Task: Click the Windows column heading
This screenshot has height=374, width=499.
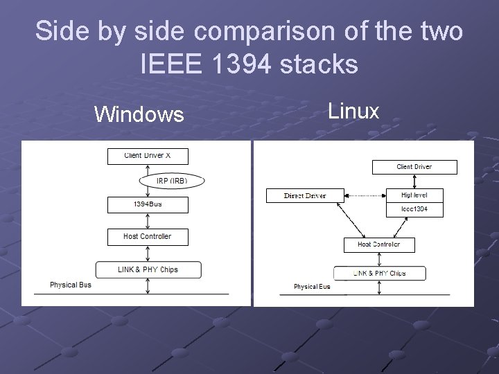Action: coord(139,114)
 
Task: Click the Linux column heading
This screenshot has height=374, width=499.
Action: coord(353,110)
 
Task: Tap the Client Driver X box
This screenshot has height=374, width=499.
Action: coord(147,156)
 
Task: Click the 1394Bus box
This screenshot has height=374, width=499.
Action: coord(147,205)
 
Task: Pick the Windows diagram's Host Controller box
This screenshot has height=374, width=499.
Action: coord(147,237)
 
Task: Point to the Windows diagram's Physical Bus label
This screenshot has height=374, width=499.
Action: coord(70,285)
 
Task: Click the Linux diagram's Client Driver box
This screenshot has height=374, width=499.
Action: coord(414,167)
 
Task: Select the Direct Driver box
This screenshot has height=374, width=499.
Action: coord(305,196)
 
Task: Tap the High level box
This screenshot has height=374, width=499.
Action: coord(415,195)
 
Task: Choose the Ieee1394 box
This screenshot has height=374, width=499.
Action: coord(415,209)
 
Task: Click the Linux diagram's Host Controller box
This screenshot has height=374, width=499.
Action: coord(378,244)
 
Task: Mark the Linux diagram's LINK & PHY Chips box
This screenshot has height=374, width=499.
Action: coord(379,274)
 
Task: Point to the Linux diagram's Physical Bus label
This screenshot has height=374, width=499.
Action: coord(312,287)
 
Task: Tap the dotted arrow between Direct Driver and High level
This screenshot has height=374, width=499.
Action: coord(363,196)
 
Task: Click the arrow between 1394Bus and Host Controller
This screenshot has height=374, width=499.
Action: coord(147,221)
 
